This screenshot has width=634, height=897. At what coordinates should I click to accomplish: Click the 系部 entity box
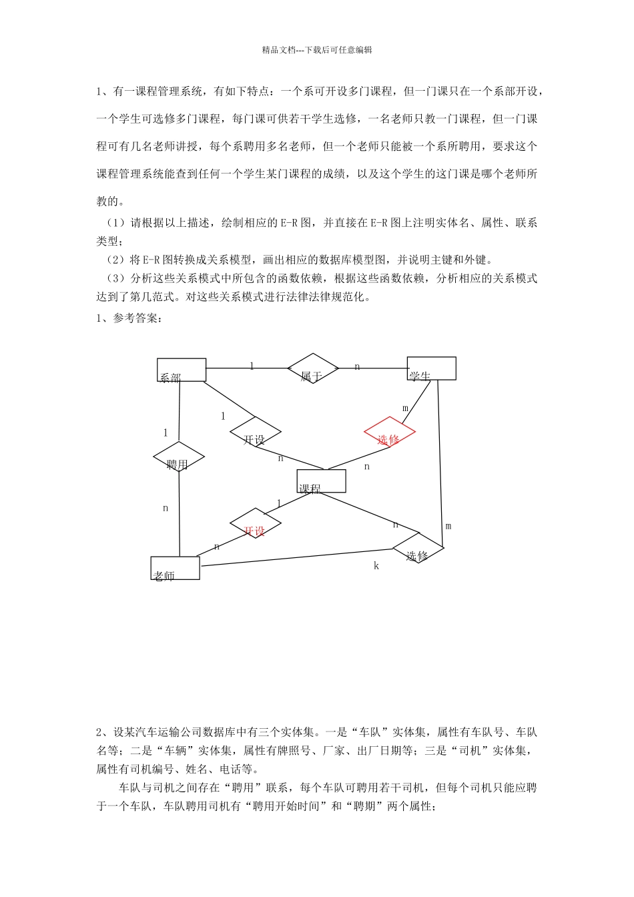tap(182, 370)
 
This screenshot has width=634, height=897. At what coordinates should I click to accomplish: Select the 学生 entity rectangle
tap(432, 368)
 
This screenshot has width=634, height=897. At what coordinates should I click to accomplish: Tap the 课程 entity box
tap(321, 481)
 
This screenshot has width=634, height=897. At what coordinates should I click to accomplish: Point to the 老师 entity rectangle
tap(175, 568)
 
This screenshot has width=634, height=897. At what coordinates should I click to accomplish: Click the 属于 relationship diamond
tap(313, 368)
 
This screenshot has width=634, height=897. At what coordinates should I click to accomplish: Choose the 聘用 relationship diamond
tap(179, 458)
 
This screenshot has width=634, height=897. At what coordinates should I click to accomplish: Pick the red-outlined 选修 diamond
tap(390, 432)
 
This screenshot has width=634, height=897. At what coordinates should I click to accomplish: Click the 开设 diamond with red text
tap(255, 523)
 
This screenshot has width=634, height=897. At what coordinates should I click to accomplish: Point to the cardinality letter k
tap(376, 566)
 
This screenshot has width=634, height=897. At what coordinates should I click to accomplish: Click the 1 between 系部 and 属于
tap(252, 366)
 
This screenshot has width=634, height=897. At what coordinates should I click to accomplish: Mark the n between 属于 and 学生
tap(357, 366)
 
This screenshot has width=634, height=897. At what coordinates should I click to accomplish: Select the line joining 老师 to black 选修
tap(297, 558)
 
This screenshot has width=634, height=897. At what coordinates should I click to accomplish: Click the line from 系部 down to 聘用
tap(180, 410)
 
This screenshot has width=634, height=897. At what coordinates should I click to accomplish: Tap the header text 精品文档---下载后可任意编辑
tap(317, 49)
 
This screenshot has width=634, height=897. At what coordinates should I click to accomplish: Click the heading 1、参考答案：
tap(129, 318)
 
